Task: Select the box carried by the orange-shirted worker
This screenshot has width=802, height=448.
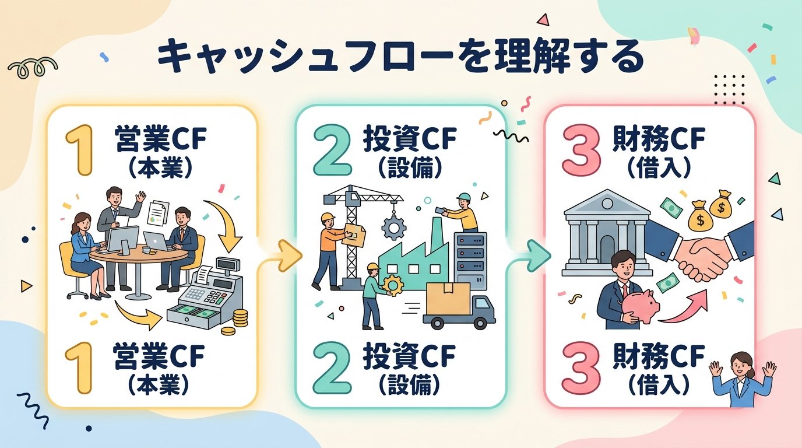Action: pyautogui.click(x=355, y=233)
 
